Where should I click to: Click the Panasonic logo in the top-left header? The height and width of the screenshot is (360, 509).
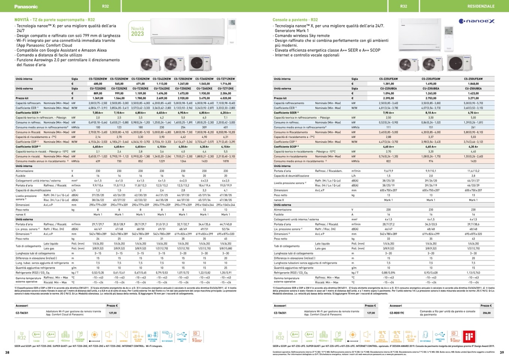point(26,6)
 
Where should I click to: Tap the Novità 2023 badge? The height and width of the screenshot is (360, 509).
point(137,32)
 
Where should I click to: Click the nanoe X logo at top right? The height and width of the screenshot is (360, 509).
point(477,21)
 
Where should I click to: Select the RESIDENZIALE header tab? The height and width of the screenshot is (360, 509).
point(480,6)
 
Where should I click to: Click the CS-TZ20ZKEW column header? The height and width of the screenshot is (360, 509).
point(98,79)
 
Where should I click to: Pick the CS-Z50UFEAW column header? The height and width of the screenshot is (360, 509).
point(473,79)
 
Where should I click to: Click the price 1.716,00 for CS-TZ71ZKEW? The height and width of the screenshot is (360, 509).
point(226,84)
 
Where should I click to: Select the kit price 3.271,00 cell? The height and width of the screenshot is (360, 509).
point(473,98)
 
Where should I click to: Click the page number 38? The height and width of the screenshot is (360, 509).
point(7,352)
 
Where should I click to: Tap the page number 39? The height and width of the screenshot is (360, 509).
point(502,352)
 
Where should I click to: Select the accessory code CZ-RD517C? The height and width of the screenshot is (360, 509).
point(397,313)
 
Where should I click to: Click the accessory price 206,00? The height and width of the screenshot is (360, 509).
point(486,313)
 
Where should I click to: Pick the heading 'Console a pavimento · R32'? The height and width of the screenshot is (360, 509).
point(295,20)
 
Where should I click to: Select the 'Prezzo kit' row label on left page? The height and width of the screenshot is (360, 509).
point(23,98)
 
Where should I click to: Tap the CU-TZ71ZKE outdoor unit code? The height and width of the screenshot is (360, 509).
point(226,89)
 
